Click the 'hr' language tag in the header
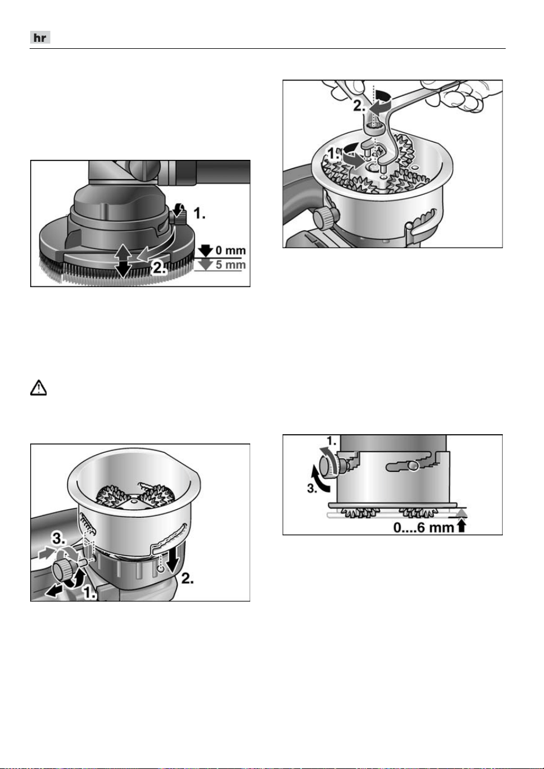click(x=40, y=37)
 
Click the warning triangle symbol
click(x=38, y=388)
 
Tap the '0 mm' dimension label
click(x=230, y=250)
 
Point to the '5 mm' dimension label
click(x=230, y=264)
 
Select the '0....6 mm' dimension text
click(x=423, y=527)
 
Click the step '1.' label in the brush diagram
click(x=199, y=213)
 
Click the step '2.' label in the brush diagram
click(x=159, y=267)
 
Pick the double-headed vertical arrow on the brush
click(x=123, y=260)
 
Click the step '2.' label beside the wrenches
click(x=359, y=106)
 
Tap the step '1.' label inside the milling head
click(x=333, y=154)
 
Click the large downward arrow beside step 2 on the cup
click(x=173, y=560)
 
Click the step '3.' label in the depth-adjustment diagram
click(x=312, y=488)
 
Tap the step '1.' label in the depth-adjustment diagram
click(x=332, y=441)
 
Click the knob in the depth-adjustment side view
click(x=329, y=466)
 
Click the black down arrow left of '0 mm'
click(x=206, y=251)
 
